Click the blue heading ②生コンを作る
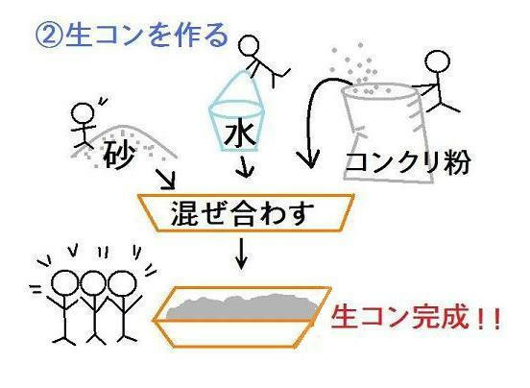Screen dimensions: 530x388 132,36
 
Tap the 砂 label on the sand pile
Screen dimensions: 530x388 119,154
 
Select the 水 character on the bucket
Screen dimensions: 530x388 240,133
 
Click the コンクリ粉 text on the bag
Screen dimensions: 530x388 408,162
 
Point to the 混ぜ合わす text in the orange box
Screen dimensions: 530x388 242,213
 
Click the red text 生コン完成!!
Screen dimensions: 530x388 416,317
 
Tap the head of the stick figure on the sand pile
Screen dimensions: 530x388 84,113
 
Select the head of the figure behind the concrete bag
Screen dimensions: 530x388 438,62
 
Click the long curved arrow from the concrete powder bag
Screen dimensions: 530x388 308,111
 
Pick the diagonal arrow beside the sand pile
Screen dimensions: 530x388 165,180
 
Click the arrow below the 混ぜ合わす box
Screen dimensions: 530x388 241,254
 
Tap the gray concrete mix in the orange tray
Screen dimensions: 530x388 242,308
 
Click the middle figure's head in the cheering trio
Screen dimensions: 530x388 92,284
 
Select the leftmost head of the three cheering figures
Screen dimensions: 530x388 65,284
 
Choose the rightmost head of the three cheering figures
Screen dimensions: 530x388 122,284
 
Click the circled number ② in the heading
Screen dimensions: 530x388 48,36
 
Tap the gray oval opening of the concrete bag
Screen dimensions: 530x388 379,92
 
